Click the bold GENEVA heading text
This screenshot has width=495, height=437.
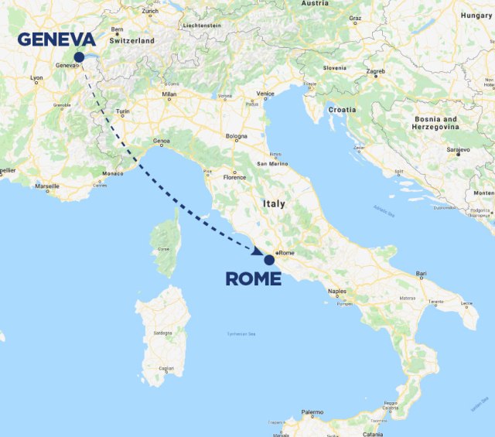56,39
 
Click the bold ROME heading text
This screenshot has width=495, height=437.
253,279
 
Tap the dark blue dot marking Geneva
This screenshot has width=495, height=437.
79,56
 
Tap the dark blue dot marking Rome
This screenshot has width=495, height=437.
269,260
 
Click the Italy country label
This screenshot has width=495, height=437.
273,204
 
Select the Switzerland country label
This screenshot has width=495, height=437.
132,40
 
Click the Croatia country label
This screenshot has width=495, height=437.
342,110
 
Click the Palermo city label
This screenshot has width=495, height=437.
312,412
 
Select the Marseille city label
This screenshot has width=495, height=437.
47,186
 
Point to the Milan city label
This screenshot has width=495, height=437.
169,94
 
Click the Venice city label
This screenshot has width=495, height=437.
265,94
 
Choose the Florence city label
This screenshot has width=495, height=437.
234,177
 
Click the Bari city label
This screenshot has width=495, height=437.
422,273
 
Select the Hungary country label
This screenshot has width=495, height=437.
476,15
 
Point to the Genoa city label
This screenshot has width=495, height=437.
161,141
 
